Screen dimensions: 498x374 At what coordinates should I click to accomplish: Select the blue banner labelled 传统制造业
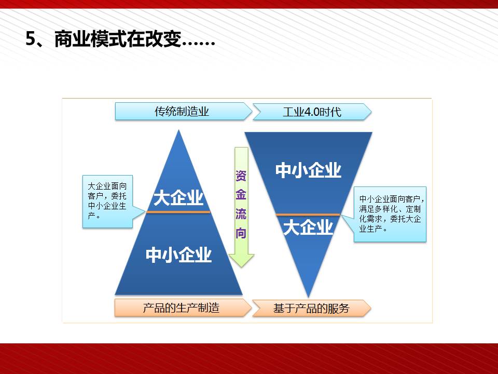pos(183,111)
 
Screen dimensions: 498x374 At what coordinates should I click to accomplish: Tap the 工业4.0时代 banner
pos(312,112)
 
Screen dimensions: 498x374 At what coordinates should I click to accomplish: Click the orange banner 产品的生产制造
pos(183,308)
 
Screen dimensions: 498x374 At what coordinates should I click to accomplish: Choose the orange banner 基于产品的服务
pos(312,308)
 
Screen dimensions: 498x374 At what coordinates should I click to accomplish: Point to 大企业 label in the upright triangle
pos(178,198)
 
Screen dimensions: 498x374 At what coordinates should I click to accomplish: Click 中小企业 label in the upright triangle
pos(178,255)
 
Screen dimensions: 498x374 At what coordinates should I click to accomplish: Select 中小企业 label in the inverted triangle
pos(308,170)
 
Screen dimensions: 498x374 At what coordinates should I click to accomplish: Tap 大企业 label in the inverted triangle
pos(308,227)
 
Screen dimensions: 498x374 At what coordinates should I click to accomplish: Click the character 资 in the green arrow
pos(241,176)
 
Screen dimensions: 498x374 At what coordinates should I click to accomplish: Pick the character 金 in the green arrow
pos(241,195)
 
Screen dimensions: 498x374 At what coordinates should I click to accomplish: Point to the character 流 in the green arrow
pos(241,213)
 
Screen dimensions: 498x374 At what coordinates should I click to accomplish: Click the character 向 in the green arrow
pos(241,233)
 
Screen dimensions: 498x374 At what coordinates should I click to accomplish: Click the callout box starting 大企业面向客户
pos(107,202)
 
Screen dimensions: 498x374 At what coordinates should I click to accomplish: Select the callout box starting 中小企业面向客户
pos(390,214)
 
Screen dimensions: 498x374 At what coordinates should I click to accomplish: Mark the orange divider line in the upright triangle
pos(178,212)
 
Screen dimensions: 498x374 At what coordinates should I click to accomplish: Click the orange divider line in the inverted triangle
pos(308,215)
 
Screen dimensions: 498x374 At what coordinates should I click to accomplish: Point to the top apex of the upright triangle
pos(179,130)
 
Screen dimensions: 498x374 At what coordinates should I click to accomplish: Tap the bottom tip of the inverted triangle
pos(308,297)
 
